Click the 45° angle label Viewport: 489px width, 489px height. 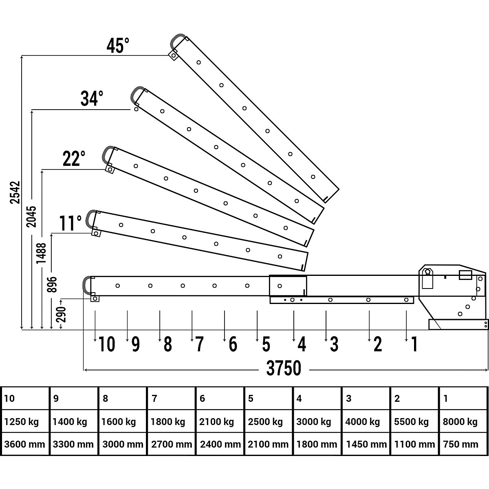click(x=118, y=46)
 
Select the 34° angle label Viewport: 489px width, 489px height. click(x=92, y=99)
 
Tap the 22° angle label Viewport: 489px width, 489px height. click(x=74, y=159)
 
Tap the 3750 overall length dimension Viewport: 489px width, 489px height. click(x=284, y=369)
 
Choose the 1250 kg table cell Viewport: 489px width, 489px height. click(x=21, y=421)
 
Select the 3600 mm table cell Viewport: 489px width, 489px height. click(x=24, y=444)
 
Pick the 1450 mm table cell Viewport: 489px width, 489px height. click(x=366, y=444)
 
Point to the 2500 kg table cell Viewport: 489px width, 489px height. click(x=265, y=421)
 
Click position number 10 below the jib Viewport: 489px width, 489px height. click(x=107, y=345)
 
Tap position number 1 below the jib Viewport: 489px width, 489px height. click(x=414, y=345)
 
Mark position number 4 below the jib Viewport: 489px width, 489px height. click(x=302, y=345)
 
